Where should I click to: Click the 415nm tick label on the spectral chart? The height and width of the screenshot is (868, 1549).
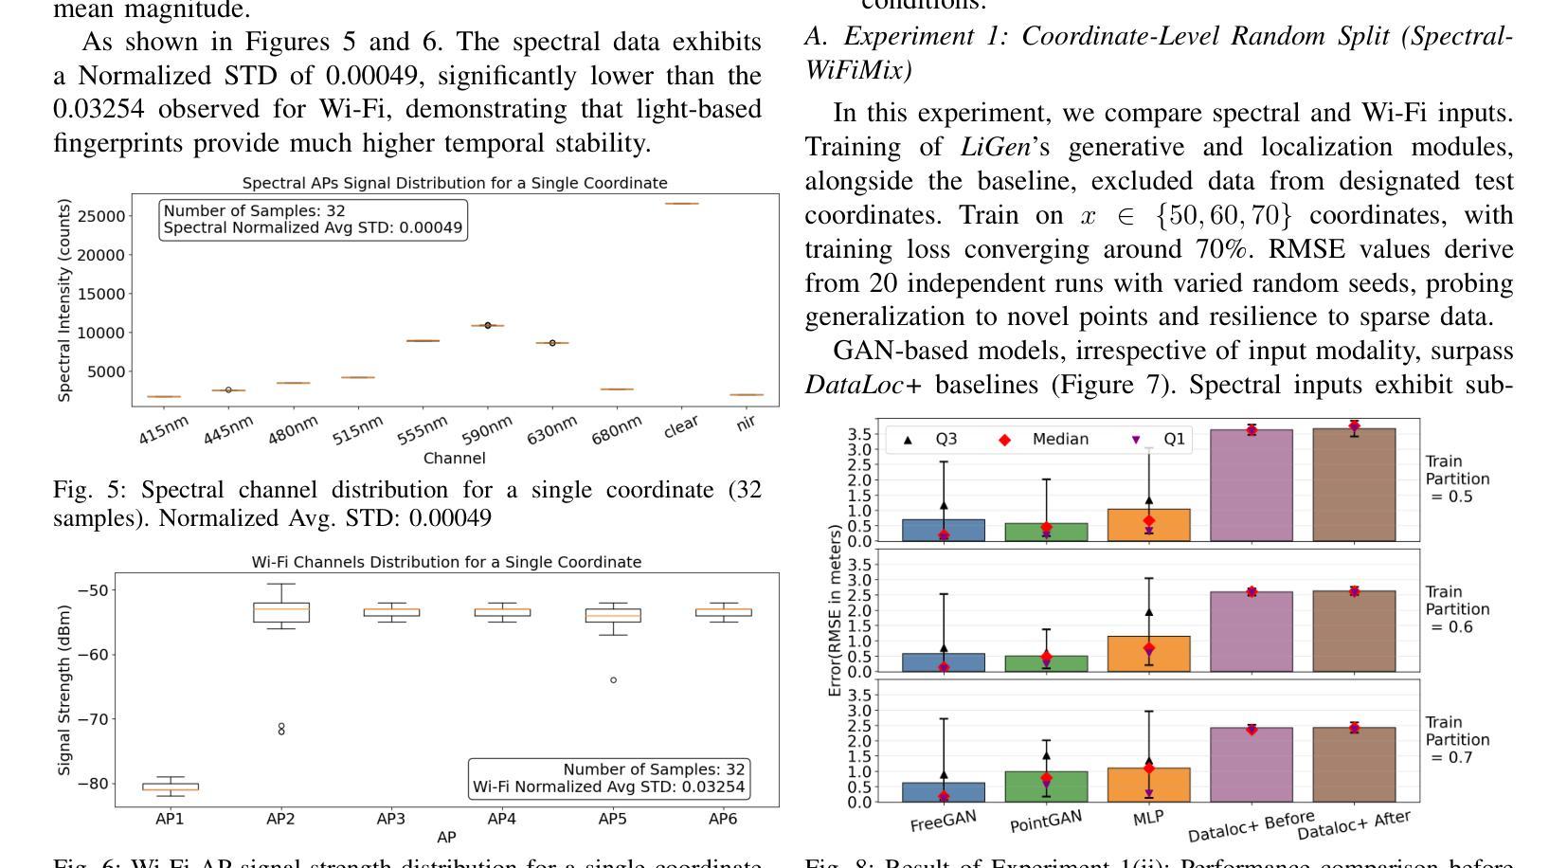(164, 430)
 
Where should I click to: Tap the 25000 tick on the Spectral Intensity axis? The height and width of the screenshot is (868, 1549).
(105, 216)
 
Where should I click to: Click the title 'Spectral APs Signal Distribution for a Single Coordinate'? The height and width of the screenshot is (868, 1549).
(455, 183)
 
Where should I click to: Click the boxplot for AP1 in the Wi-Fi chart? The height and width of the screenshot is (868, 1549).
(171, 786)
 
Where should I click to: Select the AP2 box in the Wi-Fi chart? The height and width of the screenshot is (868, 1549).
(280, 612)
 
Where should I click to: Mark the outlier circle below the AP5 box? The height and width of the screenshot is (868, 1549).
(613, 680)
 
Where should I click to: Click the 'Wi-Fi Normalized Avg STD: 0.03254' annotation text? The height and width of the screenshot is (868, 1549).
(608, 787)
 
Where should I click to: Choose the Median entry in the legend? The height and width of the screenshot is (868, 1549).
(1046, 439)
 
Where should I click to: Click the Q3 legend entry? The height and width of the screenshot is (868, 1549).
(932, 439)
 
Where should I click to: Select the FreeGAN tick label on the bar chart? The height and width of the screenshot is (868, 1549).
(943, 821)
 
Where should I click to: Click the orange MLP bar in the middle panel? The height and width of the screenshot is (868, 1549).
(1149, 654)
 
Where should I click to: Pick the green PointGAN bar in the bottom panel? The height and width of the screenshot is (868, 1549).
(1046, 787)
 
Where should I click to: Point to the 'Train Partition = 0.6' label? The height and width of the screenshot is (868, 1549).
(1457, 609)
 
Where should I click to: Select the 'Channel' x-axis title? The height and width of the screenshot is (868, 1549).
(455, 459)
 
